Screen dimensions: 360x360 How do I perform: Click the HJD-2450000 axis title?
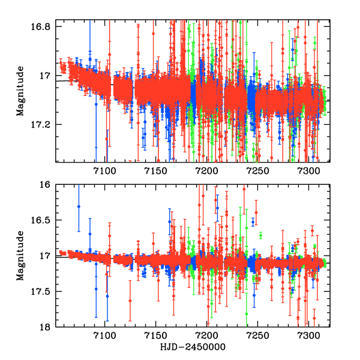click(191, 347)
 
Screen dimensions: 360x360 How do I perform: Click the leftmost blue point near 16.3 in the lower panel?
click(79, 206)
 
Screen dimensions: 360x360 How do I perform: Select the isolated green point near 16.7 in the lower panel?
click(261, 235)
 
